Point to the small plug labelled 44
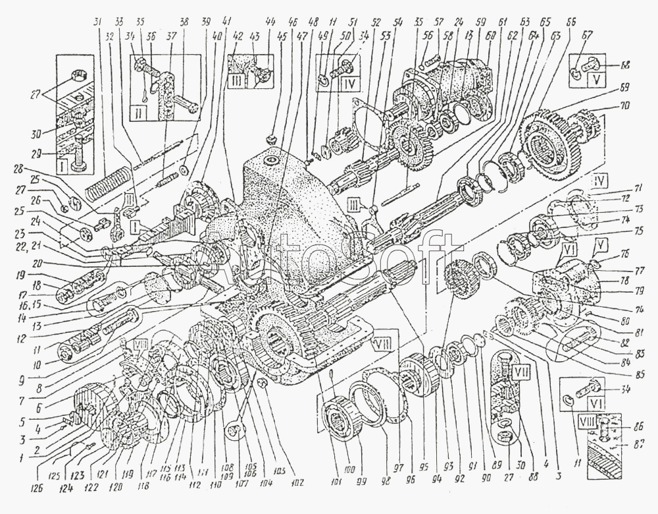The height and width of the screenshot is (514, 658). click(270, 138)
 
